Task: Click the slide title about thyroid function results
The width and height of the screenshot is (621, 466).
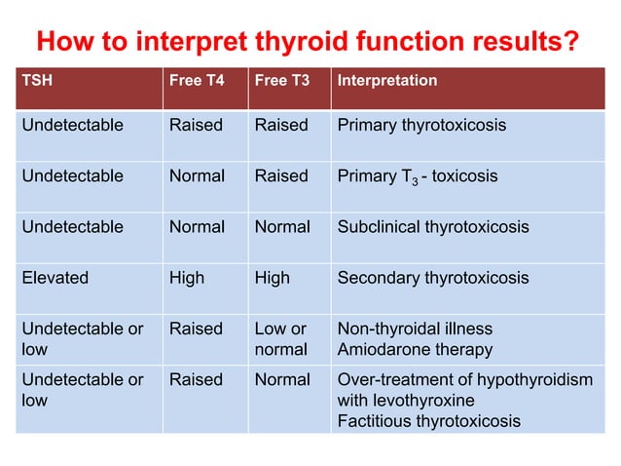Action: [x=308, y=43]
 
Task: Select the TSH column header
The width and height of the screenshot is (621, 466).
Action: [x=37, y=81]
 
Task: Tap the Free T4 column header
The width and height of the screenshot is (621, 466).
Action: [x=197, y=81]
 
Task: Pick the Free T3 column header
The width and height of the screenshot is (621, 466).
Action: [x=281, y=81]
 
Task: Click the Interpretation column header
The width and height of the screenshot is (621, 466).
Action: [x=386, y=81]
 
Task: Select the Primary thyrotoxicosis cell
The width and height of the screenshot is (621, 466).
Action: [x=421, y=126]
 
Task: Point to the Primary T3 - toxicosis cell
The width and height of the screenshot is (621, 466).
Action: [x=417, y=176]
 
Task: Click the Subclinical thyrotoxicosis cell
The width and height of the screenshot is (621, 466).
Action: [x=433, y=227]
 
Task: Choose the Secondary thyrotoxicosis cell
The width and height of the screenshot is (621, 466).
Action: [x=433, y=278]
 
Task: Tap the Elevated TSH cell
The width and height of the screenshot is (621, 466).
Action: [x=55, y=278]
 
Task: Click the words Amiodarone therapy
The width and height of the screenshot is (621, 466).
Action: [x=415, y=349]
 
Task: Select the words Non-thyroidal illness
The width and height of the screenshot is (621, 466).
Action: [x=415, y=329]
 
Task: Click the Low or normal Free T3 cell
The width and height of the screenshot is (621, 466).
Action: [x=280, y=338]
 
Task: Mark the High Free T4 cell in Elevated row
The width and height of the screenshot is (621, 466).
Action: [x=187, y=278]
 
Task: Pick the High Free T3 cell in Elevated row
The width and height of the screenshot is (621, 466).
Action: [x=273, y=278]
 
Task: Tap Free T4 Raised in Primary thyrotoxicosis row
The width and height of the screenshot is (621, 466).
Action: [x=196, y=126]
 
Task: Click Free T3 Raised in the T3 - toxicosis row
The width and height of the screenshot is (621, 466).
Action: [x=281, y=176]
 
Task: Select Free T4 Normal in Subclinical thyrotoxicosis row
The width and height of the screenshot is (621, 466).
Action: [x=198, y=227]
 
